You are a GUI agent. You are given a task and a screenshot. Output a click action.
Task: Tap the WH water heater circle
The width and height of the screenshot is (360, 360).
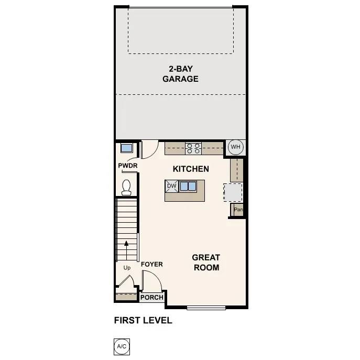click(x=235, y=147)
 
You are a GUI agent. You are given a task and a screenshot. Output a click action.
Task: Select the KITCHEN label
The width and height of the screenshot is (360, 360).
click(x=191, y=169)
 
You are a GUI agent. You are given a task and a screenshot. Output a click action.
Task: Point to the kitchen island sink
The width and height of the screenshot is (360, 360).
click(x=188, y=186)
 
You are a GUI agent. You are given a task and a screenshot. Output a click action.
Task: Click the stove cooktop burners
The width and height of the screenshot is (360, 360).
click(x=193, y=148)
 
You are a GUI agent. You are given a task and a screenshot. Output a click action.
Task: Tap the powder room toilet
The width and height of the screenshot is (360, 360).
click(x=126, y=187)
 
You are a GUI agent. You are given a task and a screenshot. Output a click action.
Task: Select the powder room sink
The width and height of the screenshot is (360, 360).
click(x=126, y=148)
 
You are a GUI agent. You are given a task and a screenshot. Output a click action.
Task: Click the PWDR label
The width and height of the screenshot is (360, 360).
click(x=127, y=166)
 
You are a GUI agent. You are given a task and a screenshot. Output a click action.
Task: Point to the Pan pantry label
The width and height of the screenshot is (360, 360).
click(x=238, y=210)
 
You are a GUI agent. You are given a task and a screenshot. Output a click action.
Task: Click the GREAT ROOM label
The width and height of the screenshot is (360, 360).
click(x=205, y=262)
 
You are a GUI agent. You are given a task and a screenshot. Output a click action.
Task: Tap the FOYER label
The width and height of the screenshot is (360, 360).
click(x=152, y=265)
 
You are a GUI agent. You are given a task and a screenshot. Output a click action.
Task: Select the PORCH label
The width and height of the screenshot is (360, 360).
click(x=152, y=298)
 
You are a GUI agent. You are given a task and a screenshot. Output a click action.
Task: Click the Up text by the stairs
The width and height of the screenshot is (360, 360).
click(x=127, y=268)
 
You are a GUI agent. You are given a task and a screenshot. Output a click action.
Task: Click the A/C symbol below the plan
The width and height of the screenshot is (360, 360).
click(x=121, y=346)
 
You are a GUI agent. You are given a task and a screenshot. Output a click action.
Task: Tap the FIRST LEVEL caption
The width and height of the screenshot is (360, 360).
click(x=143, y=320)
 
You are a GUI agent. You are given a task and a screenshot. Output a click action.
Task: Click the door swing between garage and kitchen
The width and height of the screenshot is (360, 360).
click(x=149, y=149)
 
